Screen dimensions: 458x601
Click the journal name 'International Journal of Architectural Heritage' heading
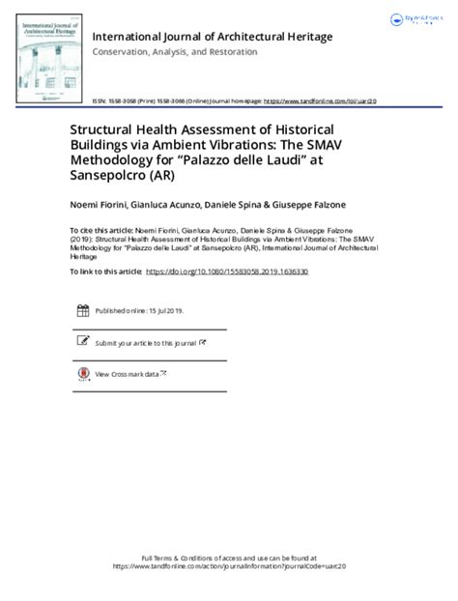pyautogui.click(x=212, y=37)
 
